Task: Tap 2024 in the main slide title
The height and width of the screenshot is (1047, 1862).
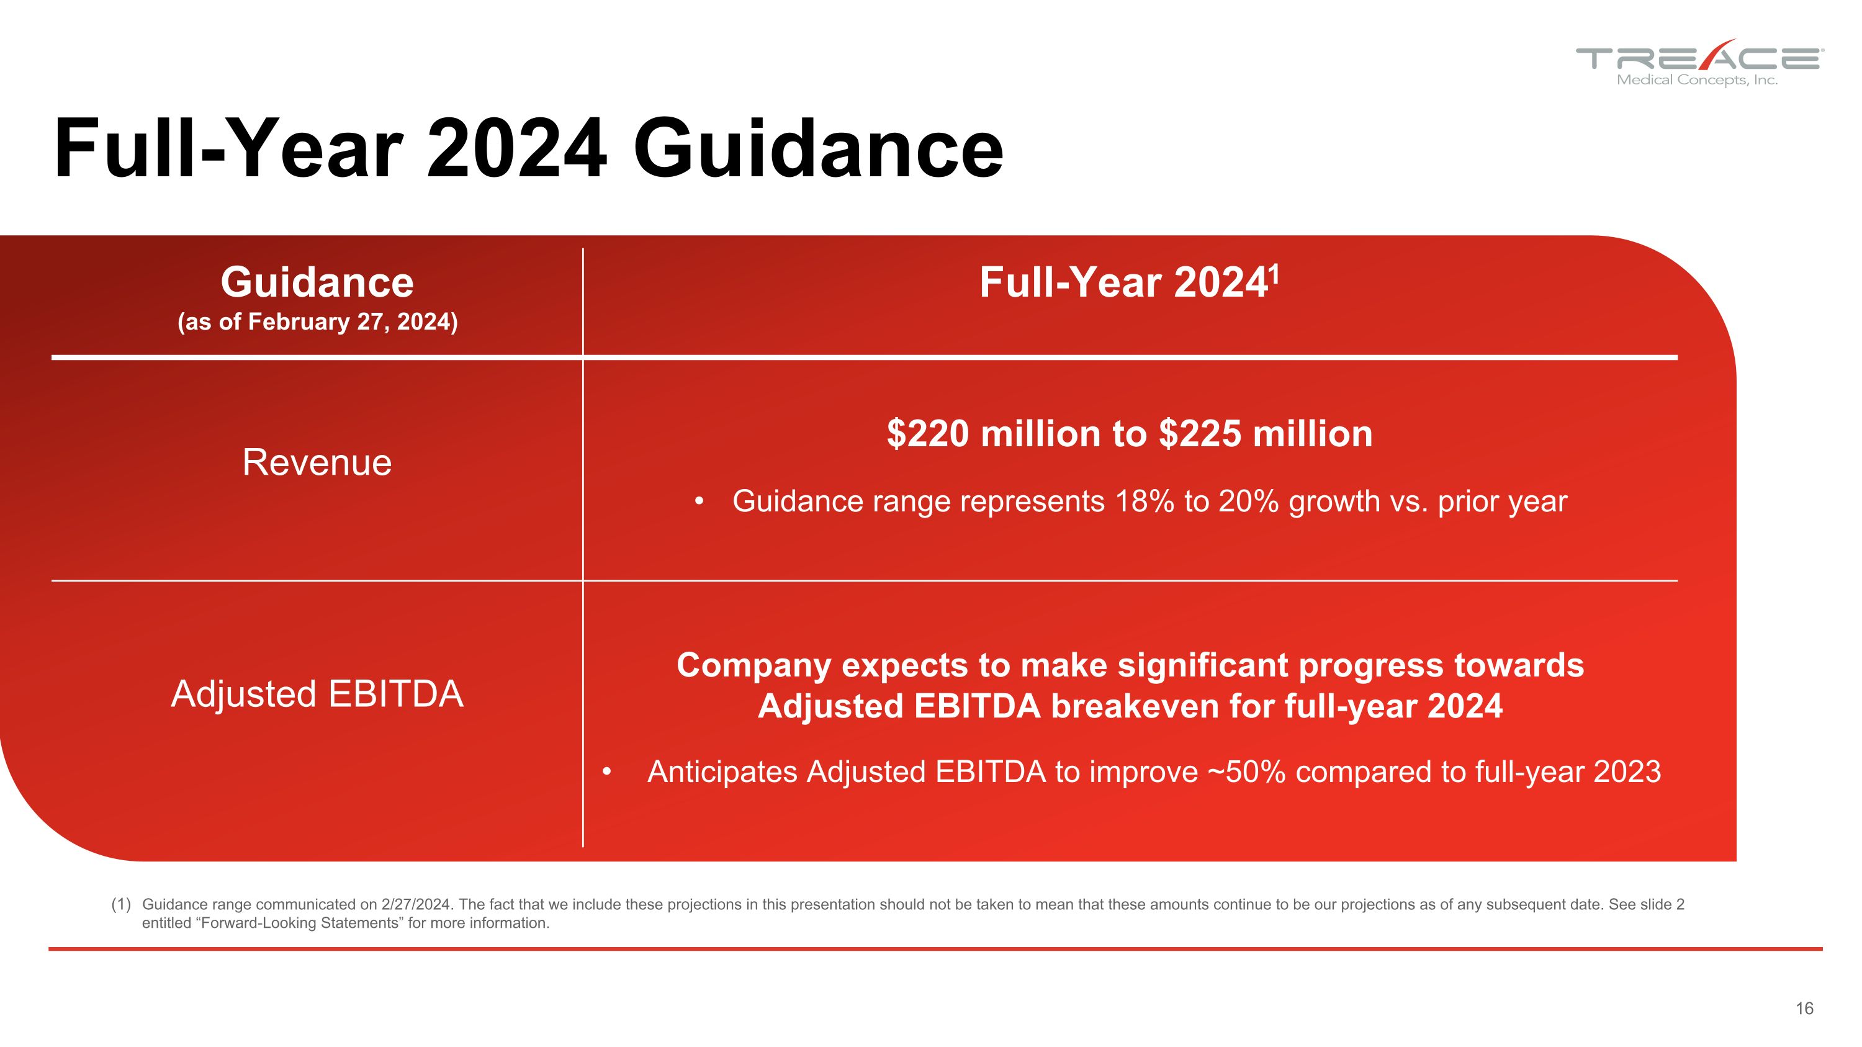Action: (516, 150)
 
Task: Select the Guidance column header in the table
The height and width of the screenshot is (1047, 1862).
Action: (317, 282)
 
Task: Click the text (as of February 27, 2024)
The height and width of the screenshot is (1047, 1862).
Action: (317, 321)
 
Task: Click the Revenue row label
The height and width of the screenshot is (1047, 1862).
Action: (317, 462)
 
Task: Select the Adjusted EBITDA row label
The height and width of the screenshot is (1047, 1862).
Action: (317, 694)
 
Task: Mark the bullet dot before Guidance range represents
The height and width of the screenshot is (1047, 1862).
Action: (698, 501)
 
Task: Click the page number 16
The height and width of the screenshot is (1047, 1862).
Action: (1804, 1009)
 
